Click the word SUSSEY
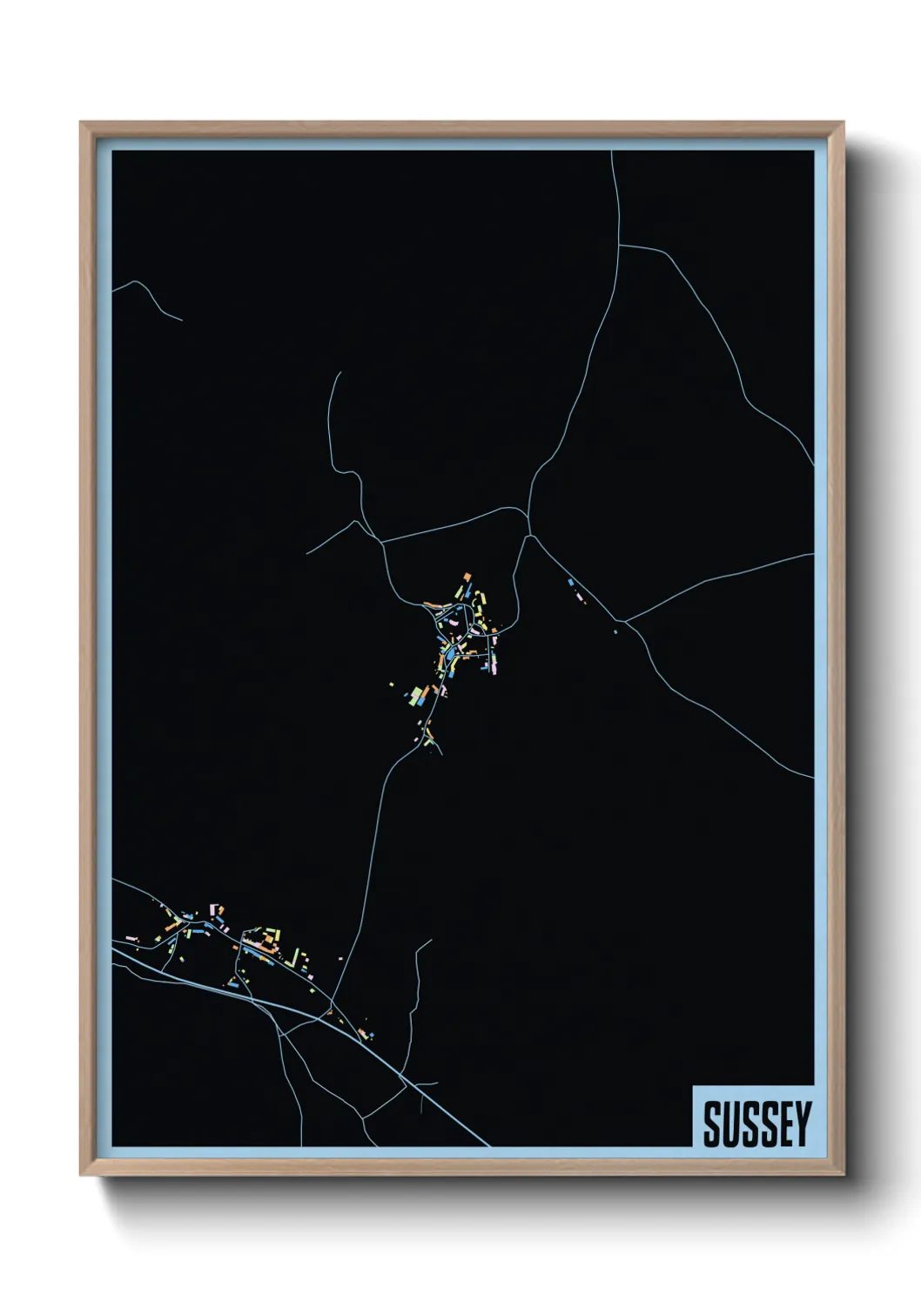pyautogui.click(x=756, y=1124)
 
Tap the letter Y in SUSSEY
pyautogui.click(x=803, y=1124)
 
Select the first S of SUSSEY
pyautogui.click(x=712, y=1124)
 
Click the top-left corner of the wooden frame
pyautogui.click(x=81, y=123)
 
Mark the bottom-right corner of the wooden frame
pyautogui.click(x=843, y=1174)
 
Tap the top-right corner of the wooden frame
pyautogui.click(x=843, y=123)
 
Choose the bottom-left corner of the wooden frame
pyautogui.click(x=81, y=1174)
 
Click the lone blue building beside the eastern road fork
pyautogui.click(x=615, y=631)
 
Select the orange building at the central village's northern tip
pyautogui.click(x=467, y=577)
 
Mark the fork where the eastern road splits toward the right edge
pyautogui.click(x=625, y=621)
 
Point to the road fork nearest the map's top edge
pyautogui.click(x=619, y=246)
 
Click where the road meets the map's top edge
pyautogui.click(x=611, y=152)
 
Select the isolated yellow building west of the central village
pyautogui.click(x=392, y=686)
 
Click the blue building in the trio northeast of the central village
pyautogui.click(x=570, y=582)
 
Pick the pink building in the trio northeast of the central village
pyautogui.click(x=578, y=597)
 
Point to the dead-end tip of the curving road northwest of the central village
pyautogui.click(x=339, y=373)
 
